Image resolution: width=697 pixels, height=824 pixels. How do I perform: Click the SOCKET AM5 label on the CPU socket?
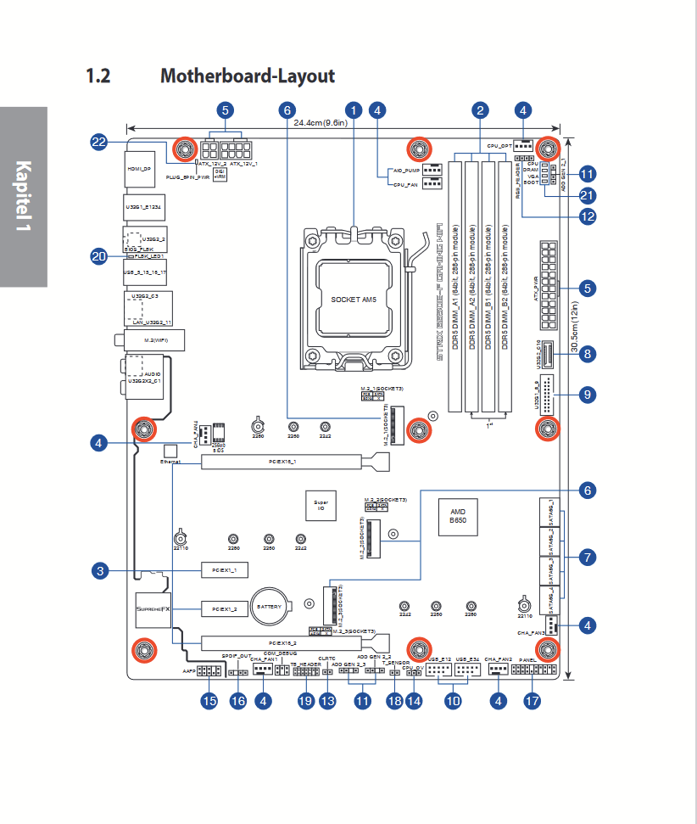pyautogui.click(x=353, y=300)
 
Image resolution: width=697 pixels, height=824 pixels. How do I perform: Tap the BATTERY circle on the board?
pyautogui.click(x=270, y=607)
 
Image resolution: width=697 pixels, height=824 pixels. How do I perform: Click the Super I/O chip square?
pyautogui.click(x=321, y=505)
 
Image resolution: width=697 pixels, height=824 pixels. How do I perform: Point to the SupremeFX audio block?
pyautogui.click(x=154, y=609)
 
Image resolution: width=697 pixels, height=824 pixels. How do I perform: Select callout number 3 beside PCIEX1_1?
pyautogui.click(x=99, y=571)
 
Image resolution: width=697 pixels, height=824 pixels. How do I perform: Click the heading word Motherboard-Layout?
pyautogui.click(x=248, y=76)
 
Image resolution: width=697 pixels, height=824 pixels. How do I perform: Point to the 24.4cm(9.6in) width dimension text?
pyautogui.click(x=324, y=123)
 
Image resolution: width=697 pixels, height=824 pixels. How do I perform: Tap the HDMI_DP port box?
pyautogui.click(x=139, y=168)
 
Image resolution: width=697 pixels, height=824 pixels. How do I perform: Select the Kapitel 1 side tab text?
pyautogui.click(x=23, y=197)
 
